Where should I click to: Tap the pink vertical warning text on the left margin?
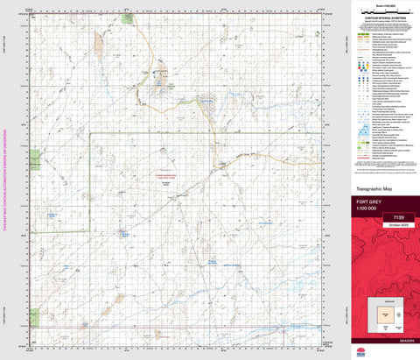[5, 180]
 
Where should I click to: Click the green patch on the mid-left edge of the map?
[35, 159]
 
